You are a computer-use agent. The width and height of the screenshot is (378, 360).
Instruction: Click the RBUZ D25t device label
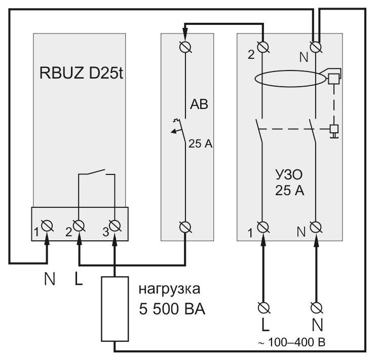(x=81, y=73)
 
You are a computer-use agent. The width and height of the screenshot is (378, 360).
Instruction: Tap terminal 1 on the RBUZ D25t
(x=47, y=226)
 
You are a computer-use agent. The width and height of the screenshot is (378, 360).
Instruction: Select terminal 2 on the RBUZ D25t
(x=79, y=226)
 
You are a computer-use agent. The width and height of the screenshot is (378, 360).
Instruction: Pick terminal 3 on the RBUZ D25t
(x=115, y=226)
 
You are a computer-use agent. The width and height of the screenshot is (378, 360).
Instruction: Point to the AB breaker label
(x=199, y=104)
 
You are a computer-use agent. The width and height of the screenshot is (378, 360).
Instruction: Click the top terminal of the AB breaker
(x=185, y=47)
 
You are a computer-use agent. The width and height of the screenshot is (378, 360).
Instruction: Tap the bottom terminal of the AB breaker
(x=185, y=227)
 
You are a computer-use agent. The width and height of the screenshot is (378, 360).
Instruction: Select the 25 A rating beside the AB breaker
(x=200, y=144)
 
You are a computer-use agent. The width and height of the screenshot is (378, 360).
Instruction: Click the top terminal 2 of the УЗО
(x=263, y=47)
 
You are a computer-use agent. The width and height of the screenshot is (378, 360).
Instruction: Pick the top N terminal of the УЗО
(x=316, y=47)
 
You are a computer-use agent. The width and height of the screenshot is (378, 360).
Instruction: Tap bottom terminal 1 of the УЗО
(x=263, y=227)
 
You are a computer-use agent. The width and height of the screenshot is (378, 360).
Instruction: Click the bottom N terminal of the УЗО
(x=316, y=227)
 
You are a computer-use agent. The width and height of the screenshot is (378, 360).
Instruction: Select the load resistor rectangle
(x=115, y=309)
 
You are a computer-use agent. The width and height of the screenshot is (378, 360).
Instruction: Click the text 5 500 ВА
(x=172, y=309)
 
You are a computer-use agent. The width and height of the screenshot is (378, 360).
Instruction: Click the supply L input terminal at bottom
(x=263, y=308)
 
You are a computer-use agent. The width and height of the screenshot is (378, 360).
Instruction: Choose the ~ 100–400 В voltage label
(x=292, y=342)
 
